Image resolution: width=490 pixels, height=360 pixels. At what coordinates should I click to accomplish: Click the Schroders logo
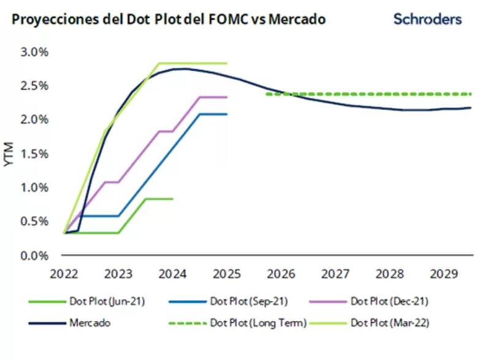[x=427, y=19]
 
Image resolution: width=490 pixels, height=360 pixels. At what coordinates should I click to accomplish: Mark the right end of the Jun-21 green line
[x=172, y=198]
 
